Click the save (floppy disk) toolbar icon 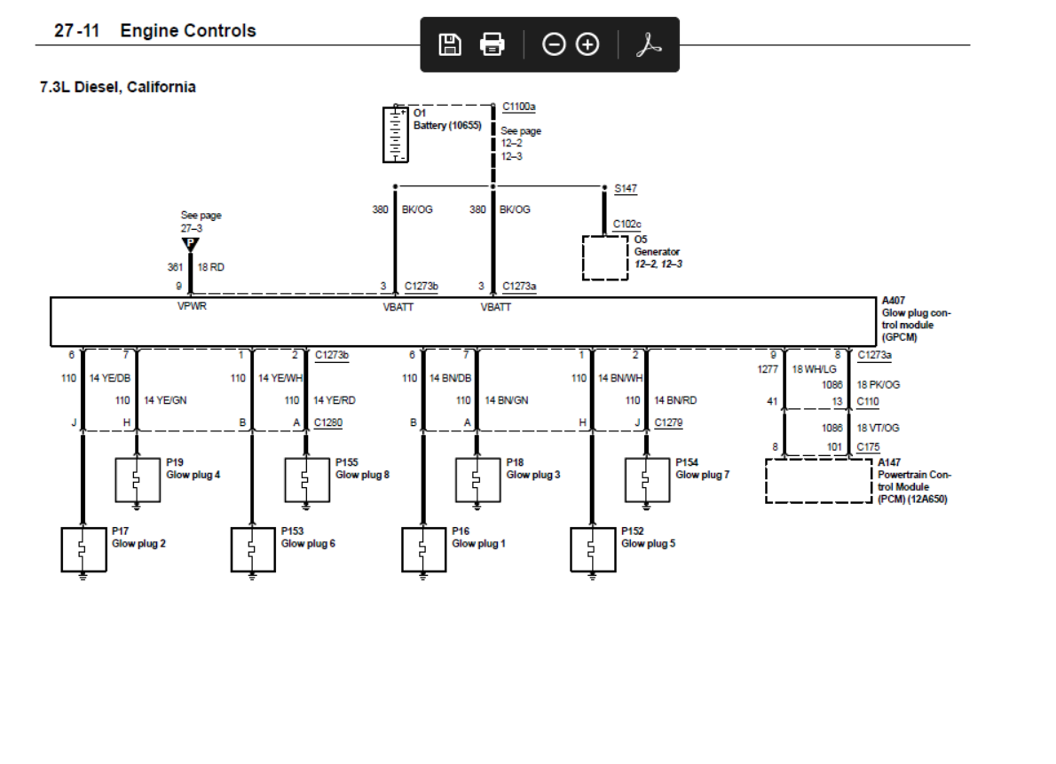tap(451, 44)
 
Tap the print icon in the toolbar tap(492, 44)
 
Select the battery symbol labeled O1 tap(395, 134)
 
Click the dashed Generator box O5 tap(604, 257)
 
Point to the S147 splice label tap(625, 189)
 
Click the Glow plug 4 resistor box tap(138, 480)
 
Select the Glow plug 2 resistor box tap(83, 549)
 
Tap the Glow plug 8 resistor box tap(307, 480)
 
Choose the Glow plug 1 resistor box tap(423, 549)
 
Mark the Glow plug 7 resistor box tap(647, 480)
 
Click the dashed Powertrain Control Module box tap(818, 480)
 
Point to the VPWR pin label tap(191, 307)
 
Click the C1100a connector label tap(518, 106)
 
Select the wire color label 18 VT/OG tap(879, 428)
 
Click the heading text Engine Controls tap(188, 31)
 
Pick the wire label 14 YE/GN tap(165, 400)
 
